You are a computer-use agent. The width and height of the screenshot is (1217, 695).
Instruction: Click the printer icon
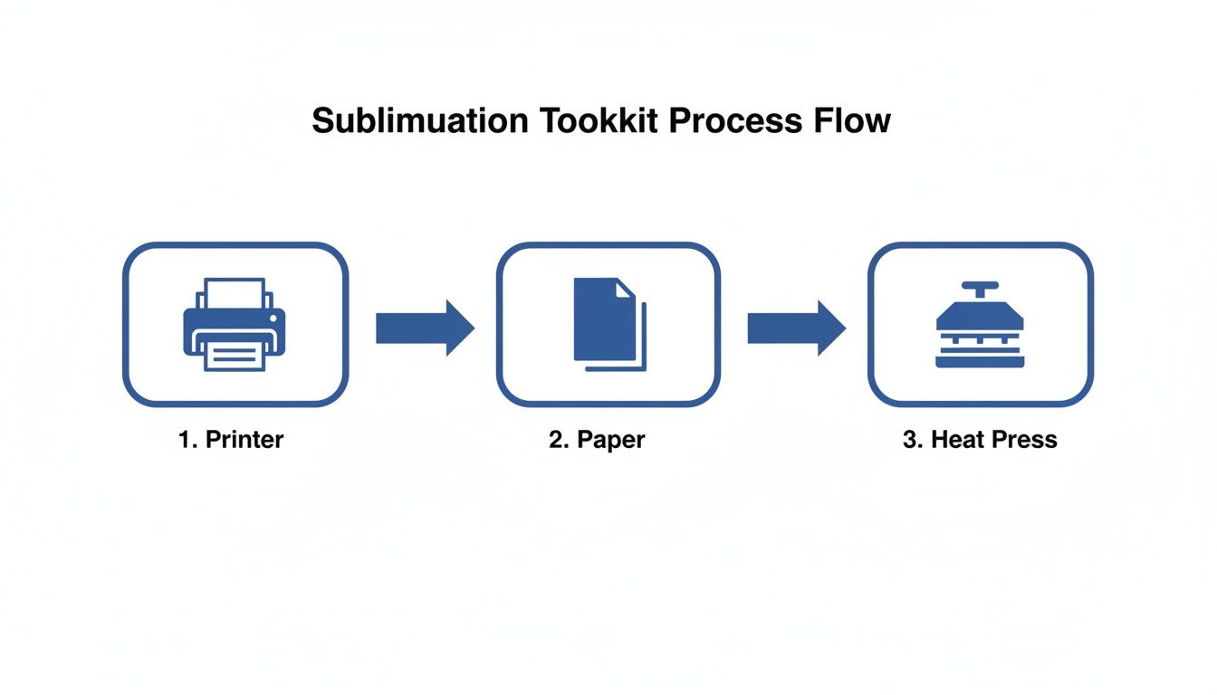coord(235,324)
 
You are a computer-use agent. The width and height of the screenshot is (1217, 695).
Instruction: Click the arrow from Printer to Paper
coord(425,328)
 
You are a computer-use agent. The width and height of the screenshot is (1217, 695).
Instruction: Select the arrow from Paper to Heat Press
coord(796,328)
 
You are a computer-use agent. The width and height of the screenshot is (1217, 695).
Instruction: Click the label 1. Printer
coord(231,440)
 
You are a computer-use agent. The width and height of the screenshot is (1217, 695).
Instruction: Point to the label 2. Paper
coord(597,440)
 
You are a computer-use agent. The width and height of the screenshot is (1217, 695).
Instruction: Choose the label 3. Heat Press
coord(980,440)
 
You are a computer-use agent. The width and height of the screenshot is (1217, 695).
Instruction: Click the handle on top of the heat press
coord(979,288)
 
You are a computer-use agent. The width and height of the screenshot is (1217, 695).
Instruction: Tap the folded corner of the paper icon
coord(626,287)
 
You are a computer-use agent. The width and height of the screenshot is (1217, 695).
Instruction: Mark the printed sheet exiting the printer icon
coord(235,355)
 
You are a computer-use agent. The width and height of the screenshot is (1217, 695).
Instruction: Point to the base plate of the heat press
coord(979,361)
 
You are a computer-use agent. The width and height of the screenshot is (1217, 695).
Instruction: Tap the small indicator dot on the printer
coord(273,319)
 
